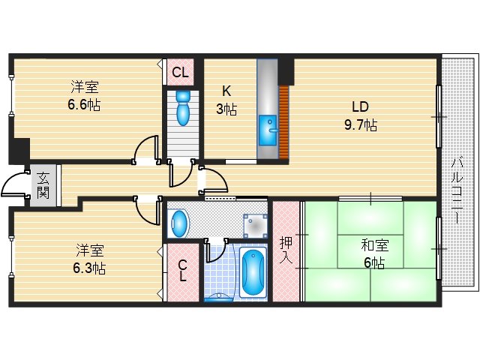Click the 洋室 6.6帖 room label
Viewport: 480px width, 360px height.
pos(83,96)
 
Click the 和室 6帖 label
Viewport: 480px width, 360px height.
pos(372,253)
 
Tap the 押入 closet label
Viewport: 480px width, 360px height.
pos(286,251)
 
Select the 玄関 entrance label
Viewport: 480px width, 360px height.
pos(43,186)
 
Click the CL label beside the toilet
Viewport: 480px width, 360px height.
pos(180,73)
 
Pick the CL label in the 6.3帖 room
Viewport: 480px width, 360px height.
pos(182,270)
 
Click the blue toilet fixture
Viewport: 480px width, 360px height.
pos(183,109)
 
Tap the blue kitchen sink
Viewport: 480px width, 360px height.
pos(268,131)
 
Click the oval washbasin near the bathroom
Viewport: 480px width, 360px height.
pos(178,222)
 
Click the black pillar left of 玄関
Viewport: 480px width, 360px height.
pos(18,150)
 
